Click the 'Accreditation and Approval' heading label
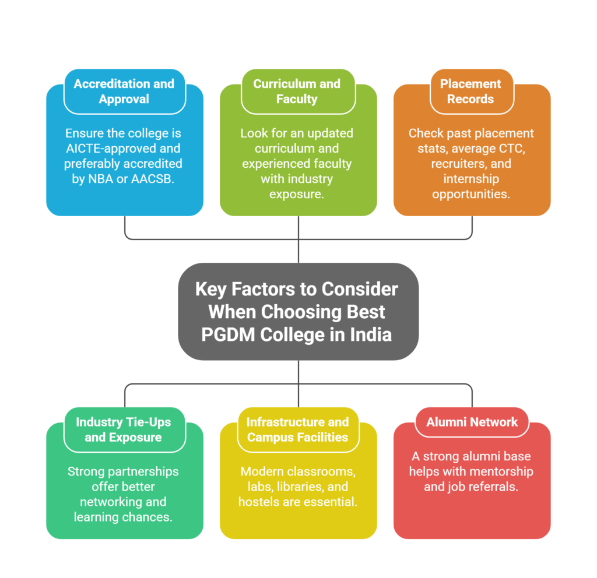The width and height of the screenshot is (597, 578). (x=124, y=91)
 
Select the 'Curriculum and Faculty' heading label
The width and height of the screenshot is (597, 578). (x=297, y=91)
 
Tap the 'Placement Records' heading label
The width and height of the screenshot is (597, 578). (x=470, y=91)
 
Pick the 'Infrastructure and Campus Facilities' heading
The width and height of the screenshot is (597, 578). (x=297, y=429)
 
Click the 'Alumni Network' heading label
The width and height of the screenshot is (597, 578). (x=472, y=422)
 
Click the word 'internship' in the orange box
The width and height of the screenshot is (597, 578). (x=471, y=178)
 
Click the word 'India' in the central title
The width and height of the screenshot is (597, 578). (x=370, y=335)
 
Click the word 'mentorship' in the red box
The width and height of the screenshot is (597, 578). (x=504, y=471)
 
